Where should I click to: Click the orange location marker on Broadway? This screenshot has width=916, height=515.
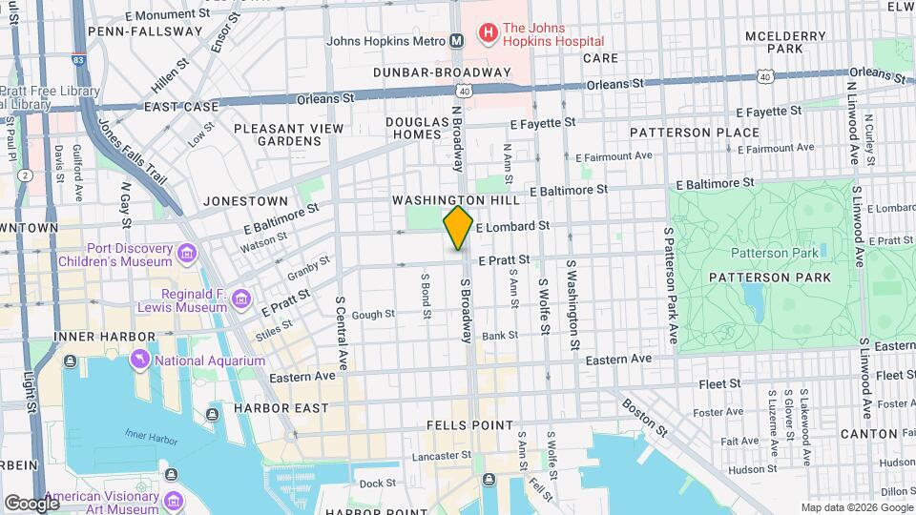click(458, 228)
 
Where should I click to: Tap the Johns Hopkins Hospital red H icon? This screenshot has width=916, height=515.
click(488, 34)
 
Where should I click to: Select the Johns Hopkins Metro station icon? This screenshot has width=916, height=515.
click(457, 40)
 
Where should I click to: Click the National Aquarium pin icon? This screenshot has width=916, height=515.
click(141, 360)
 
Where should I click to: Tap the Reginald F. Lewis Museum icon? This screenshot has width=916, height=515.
click(240, 300)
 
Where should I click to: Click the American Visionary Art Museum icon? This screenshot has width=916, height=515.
click(174, 501)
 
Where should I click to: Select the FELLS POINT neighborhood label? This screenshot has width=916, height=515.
click(469, 425)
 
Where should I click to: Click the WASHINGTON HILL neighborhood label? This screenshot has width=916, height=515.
click(455, 201)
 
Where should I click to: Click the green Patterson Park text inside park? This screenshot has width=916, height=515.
click(774, 253)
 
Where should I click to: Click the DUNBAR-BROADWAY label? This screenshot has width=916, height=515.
click(442, 72)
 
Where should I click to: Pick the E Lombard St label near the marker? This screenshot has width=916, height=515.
click(514, 227)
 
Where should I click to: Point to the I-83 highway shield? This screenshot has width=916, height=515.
click(77, 59)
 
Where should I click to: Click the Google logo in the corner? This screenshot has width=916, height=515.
click(31, 503)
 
